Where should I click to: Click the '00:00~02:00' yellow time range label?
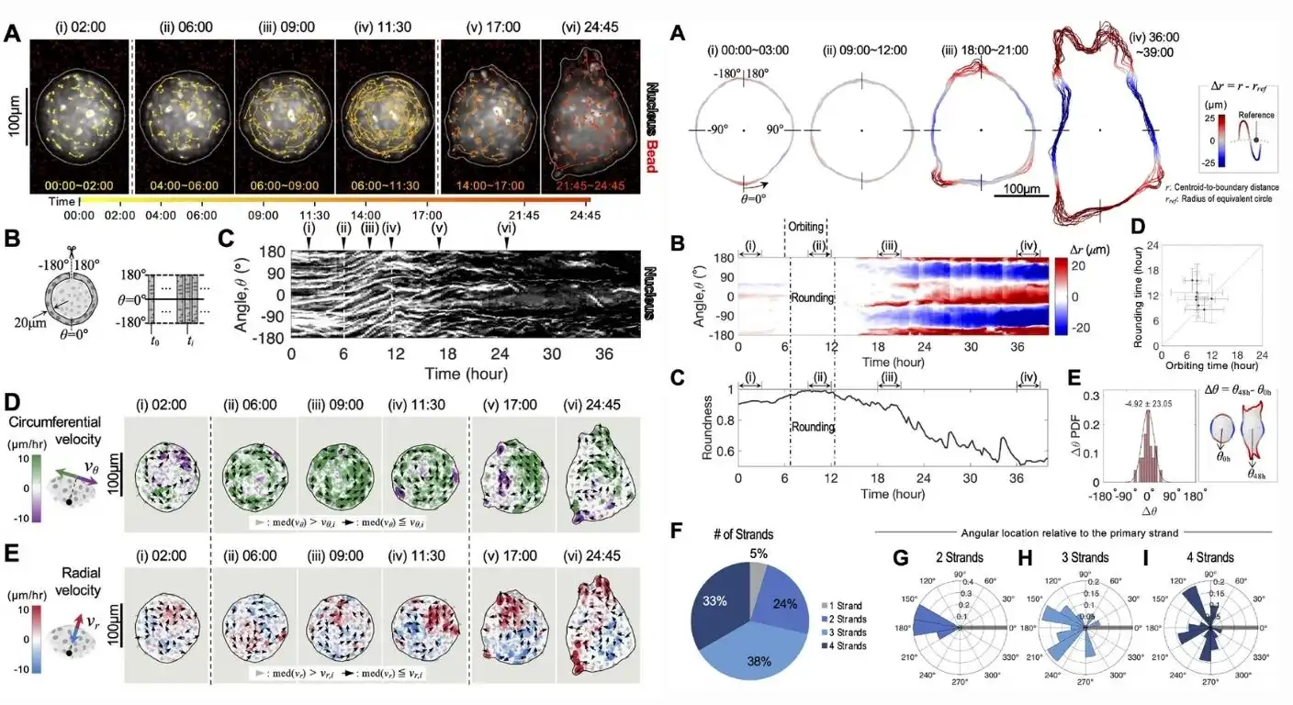click(x=81, y=184)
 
